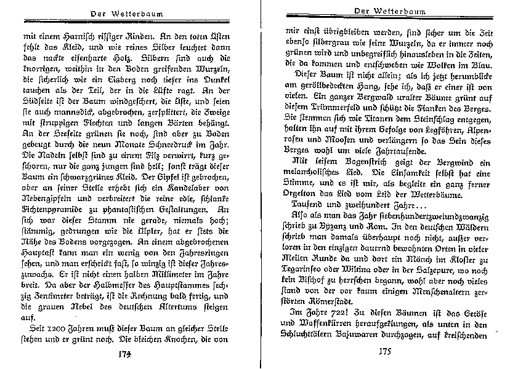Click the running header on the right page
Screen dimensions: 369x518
click(x=388, y=10)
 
